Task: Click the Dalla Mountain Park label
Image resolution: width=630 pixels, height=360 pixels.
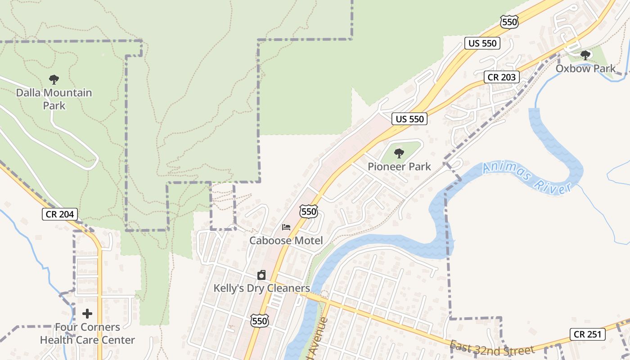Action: pos(54,99)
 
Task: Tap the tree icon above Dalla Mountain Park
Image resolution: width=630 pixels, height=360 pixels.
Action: pos(54,80)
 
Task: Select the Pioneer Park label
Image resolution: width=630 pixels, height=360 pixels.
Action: pos(399,166)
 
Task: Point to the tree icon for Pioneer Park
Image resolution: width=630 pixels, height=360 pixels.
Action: pos(399,153)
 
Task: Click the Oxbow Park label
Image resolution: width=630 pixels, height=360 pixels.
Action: pos(585,68)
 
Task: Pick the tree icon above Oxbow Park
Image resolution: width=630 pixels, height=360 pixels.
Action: pos(585,55)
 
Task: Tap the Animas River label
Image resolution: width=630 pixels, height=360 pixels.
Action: pos(526,179)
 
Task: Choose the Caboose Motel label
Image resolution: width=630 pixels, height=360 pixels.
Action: pos(286,240)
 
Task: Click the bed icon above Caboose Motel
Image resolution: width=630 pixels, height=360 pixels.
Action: pos(286,227)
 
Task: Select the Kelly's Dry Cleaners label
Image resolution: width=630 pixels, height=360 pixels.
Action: pos(261,288)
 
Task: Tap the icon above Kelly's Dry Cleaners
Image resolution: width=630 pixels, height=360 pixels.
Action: pos(261,275)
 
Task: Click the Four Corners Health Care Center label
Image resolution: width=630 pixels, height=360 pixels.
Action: pos(87,333)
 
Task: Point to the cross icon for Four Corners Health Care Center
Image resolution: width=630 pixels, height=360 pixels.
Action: pos(87,314)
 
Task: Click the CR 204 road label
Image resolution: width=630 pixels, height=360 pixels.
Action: pos(60,214)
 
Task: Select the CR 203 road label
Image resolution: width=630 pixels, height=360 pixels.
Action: pos(502,77)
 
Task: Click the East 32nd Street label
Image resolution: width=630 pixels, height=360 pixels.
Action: pos(492,348)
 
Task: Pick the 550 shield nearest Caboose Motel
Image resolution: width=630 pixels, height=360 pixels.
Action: pos(309,211)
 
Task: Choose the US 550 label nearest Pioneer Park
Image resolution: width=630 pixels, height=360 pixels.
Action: pos(409,119)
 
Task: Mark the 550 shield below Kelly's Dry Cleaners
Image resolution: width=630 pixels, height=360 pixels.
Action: pos(260,320)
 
